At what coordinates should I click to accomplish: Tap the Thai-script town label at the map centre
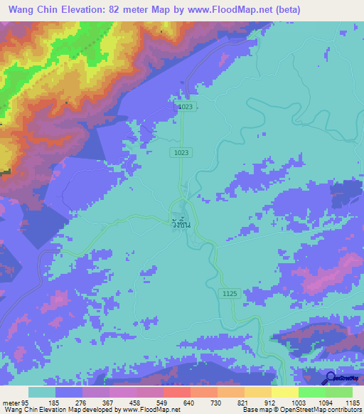point(182,222)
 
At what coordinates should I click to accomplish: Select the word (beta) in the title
point(287,9)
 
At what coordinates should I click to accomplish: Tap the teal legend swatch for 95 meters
point(42,392)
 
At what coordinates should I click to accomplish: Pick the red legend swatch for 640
point(176,392)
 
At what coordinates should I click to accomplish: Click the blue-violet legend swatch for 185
point(69,392)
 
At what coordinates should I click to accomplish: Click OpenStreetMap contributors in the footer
point(324,410)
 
